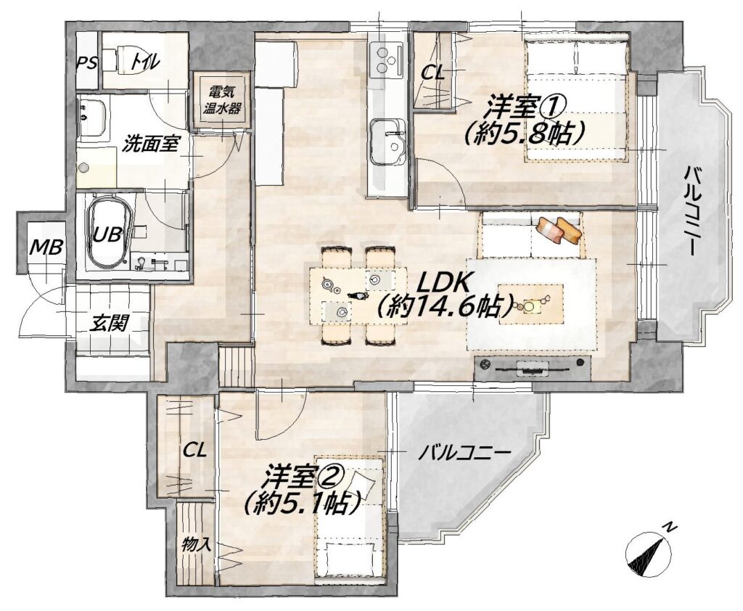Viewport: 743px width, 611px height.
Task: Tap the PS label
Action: pos(87,62)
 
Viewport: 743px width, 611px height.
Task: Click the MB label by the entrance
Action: pos(46,247)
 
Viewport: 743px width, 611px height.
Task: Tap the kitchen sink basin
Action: pos(387,141)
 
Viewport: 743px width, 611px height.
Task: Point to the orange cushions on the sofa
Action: pos(559,230)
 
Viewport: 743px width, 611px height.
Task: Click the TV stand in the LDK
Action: pos(533,367)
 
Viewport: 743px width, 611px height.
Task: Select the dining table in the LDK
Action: pos(358,296)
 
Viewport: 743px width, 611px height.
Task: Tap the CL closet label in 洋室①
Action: pos(434,73)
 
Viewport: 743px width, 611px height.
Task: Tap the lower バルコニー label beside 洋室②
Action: pos(464,453)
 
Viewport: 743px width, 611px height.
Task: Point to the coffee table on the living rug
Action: pos(532,304)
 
